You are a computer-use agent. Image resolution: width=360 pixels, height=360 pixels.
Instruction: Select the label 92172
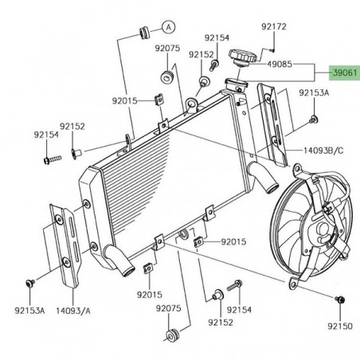pyautogui.click(x=273, y=27)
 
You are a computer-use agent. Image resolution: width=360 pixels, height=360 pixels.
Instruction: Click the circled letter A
pyautogui.click(x=168, y=27)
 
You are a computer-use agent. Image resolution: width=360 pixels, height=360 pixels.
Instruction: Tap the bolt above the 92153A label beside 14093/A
pyautogui.click(x=31, y=282)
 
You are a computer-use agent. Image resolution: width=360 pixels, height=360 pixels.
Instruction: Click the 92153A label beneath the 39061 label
pyautogui.click(x=313, y=93)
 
